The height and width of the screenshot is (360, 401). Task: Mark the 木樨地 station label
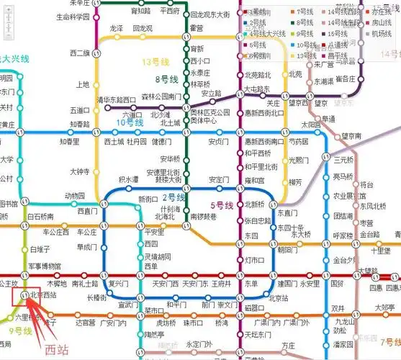[57, 284]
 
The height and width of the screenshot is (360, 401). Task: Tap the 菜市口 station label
[154, 311]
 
